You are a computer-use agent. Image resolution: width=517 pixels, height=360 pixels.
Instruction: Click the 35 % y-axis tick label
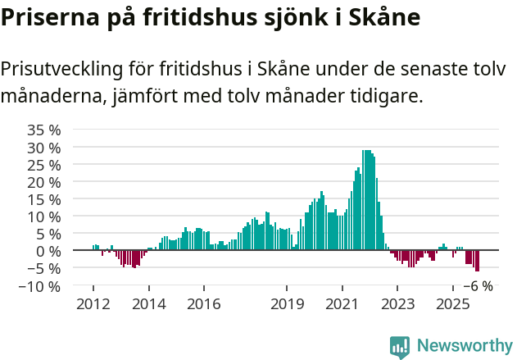click(x=43, y=130)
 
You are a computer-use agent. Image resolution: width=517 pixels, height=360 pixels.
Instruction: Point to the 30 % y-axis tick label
click(x=43, y=148)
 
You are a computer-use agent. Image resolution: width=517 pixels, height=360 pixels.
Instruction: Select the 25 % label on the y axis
click(x=43, y=165)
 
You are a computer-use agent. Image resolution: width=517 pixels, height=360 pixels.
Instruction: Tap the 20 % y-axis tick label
click(x=43, y=182)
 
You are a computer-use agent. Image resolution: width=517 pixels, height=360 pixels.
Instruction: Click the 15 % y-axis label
click(x=43, y=199)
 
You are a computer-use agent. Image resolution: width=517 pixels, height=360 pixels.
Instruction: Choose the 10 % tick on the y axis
click(x=43, y=216)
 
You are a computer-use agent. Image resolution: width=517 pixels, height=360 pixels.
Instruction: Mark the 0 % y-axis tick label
click(x=48, y=251)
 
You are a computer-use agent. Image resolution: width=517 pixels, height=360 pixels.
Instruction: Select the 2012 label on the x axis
click(x=93, y=304)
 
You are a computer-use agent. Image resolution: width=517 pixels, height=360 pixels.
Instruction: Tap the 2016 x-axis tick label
click(x=204, y=304)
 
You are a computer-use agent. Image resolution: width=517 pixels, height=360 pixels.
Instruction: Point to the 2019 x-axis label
click(x=287, y=304)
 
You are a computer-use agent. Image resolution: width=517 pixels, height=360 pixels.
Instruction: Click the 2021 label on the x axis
click(x=342, y=304)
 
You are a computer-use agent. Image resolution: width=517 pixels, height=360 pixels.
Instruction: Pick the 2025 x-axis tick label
click(x=453, y=304)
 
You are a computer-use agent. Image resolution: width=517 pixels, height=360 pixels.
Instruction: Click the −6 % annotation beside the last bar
click(x=478, y=286)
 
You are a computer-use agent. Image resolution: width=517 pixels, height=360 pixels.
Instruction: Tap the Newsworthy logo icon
click(x=400, y=347)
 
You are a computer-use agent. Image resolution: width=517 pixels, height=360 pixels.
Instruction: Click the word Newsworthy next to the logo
click(x=464, y=347)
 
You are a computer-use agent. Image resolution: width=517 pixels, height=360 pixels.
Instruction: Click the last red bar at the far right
click(x=478, y=261)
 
